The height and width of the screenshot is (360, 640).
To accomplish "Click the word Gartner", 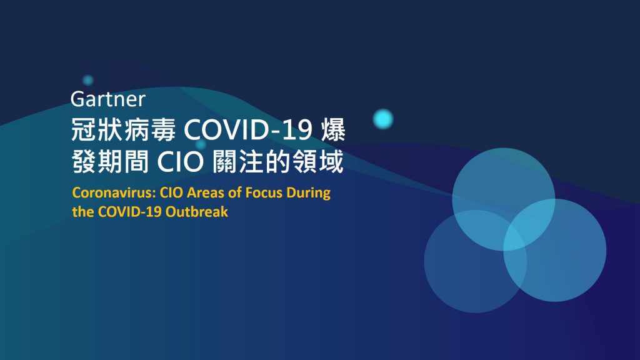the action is pyautogui.click(x=107, y=99).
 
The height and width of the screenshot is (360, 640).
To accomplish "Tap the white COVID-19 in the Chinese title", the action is pyautogui.click(x=248, y=131).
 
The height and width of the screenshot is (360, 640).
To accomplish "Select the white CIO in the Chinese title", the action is pyautogui.click(x=180, y=162).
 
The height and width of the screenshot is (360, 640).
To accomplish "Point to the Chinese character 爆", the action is pyautogui.click(x=334, y=130).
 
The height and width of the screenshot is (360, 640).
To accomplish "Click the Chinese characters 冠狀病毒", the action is pyautogui.click(x=123, y=130).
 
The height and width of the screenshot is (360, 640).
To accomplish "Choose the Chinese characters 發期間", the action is pyautogui.click(x=110, y=162).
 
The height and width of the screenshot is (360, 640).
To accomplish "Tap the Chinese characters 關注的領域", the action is pyautogui.click(x=278, y=162).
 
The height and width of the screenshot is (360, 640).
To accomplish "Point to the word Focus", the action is pyautogui.click(x=264, y=192).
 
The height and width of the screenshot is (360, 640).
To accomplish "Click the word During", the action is pyautogui.click(x=309, y=192).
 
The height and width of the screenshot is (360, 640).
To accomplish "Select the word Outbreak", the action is pyautogui.click(x=197, y=211).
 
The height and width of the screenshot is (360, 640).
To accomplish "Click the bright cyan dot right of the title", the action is pyautogui.click(x=383, y=119).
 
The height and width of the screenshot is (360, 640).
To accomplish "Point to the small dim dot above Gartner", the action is pyautogui.click(x=87, y=80).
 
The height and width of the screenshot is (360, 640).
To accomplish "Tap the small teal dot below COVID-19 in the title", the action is pyautogui.click(x=201, y=144).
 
